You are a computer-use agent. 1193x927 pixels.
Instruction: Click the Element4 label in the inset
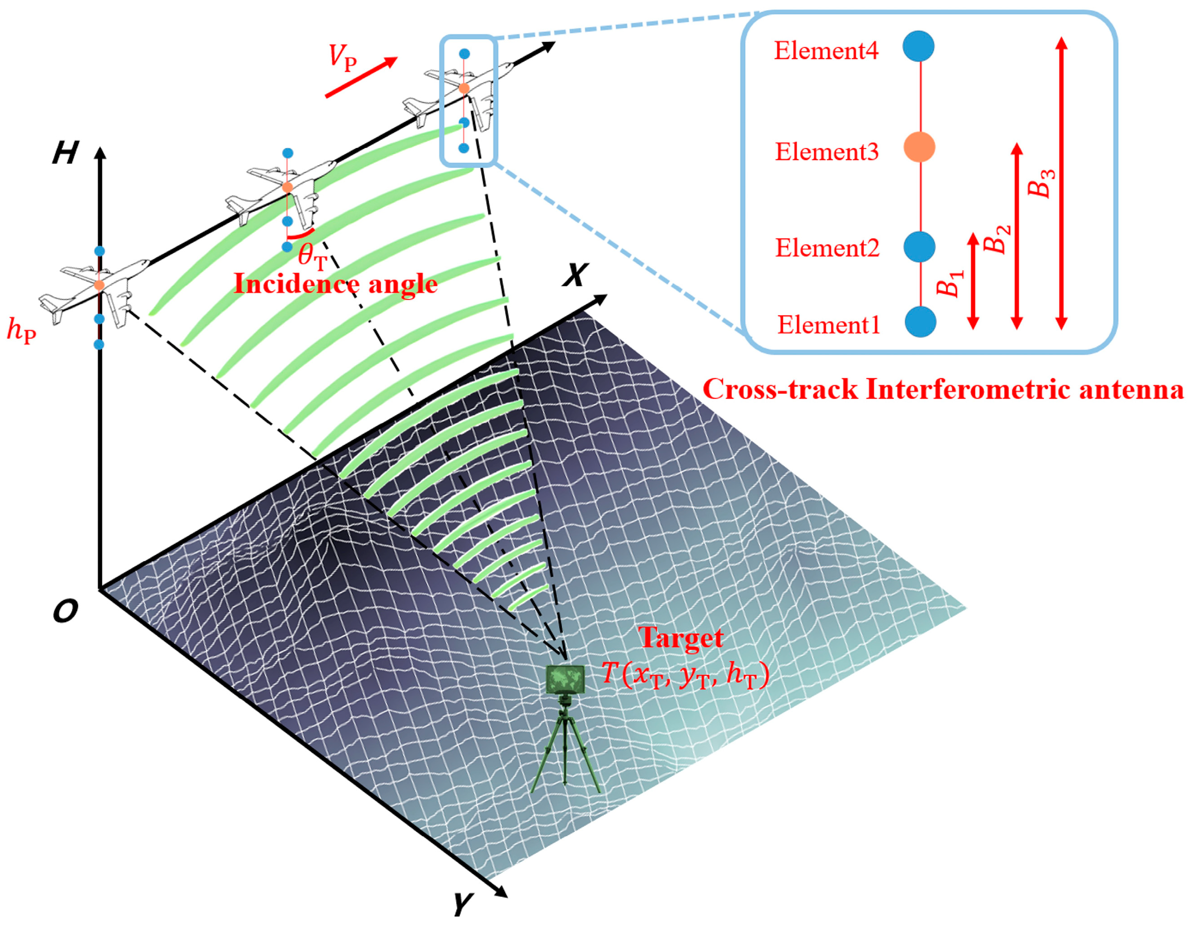point(825,51)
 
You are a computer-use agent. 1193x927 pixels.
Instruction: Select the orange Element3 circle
point(919,147)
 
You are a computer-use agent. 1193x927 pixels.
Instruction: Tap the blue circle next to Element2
point(919,247)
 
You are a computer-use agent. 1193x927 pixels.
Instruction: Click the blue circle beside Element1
point(920,321)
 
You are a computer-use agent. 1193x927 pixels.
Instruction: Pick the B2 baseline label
point(996,239)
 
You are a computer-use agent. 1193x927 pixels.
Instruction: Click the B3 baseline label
point(1040,183)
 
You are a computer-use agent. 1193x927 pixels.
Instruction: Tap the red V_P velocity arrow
point(361,78)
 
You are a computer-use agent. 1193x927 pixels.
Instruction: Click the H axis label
point(65,153)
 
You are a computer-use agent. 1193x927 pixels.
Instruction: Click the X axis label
point(576,275)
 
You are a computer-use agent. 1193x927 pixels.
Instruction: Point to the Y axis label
point(463,904)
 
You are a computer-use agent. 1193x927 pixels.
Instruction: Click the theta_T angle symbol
point(312,256)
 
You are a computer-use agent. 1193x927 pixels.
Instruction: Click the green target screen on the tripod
point(565,679)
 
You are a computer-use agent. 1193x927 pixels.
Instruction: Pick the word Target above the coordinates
point(680,638)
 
